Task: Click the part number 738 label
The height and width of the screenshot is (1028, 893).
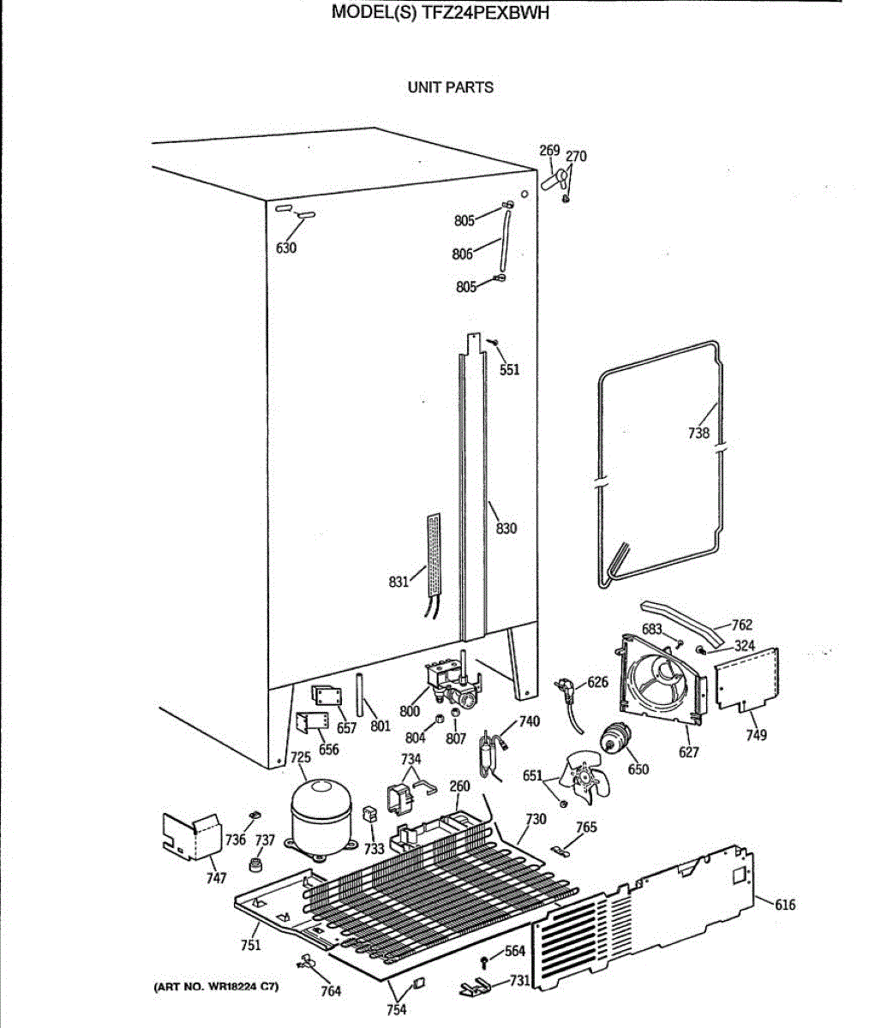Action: coord(698,433)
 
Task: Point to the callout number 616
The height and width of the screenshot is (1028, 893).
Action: coord(784,905)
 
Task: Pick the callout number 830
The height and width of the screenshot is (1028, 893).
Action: coord(506,529)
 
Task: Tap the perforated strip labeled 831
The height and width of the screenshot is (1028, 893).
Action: coord(435,557)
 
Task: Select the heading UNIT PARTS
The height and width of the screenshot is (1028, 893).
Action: coord(450,87)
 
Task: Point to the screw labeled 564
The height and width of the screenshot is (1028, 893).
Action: coord(485,958)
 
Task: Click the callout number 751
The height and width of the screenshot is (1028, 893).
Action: coord(250,945)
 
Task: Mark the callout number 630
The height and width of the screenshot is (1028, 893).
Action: coord(285,248)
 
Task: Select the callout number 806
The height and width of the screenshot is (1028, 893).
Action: coord(462,254)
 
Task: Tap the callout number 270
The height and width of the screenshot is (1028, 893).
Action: coord(577,157)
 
